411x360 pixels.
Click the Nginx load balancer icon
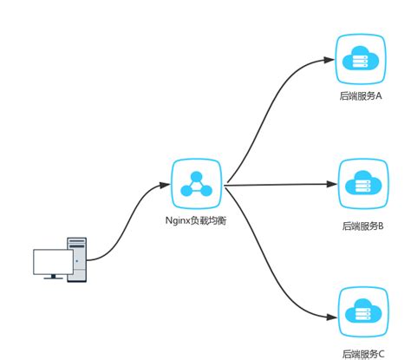coord(196,184)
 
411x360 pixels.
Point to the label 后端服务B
coord(363,225)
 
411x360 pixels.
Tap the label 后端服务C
coord(363,353)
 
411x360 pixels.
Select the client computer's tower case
coord(78,259)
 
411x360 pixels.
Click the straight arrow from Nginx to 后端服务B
coord(277,184)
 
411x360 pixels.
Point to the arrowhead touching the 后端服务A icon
coord(330,60)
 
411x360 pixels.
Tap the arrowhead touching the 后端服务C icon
coord(330,317)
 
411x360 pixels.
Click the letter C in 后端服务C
coord(381,353)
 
